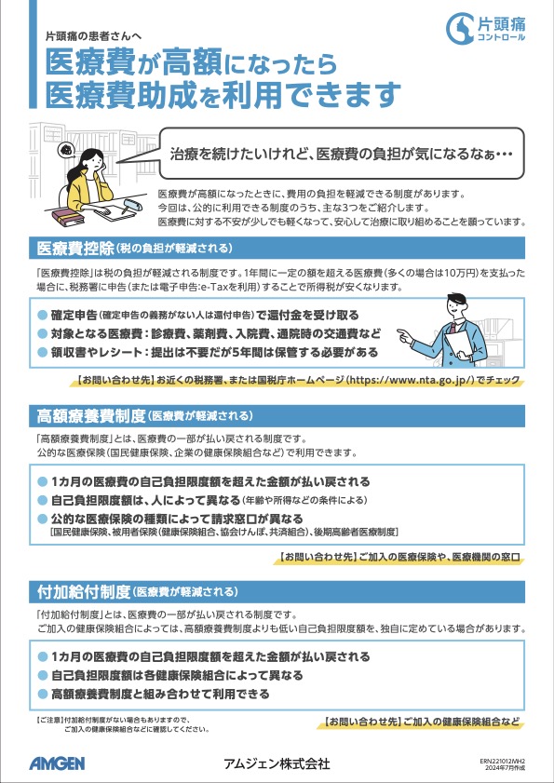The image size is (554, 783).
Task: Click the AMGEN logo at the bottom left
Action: coord(56,763)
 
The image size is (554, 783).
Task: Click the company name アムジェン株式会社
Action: coord(277,763)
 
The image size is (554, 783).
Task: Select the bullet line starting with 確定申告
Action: coord(205,316)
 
